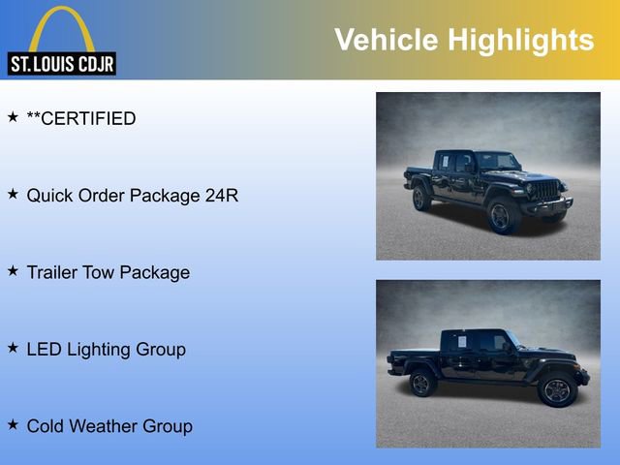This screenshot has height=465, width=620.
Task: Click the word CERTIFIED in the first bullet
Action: point(87,119)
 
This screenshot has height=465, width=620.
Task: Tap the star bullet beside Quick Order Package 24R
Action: point(13,194)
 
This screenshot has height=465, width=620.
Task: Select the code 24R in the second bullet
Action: point(222,196)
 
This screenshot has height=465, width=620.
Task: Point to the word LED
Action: point(44,349)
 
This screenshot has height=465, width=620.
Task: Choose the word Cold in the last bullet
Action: point(46,425)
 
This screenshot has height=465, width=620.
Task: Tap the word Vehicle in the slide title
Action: point(384,40)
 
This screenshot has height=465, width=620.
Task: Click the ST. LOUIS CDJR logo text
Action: point(60,64)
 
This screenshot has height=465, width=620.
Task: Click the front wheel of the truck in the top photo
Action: point(501,215)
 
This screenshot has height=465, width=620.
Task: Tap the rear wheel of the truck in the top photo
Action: point(421,199)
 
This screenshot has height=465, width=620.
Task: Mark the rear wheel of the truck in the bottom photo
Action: point(422,384)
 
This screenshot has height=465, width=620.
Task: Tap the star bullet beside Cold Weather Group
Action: point(13,424)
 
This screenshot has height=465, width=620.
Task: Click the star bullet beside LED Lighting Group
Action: point(13,348)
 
